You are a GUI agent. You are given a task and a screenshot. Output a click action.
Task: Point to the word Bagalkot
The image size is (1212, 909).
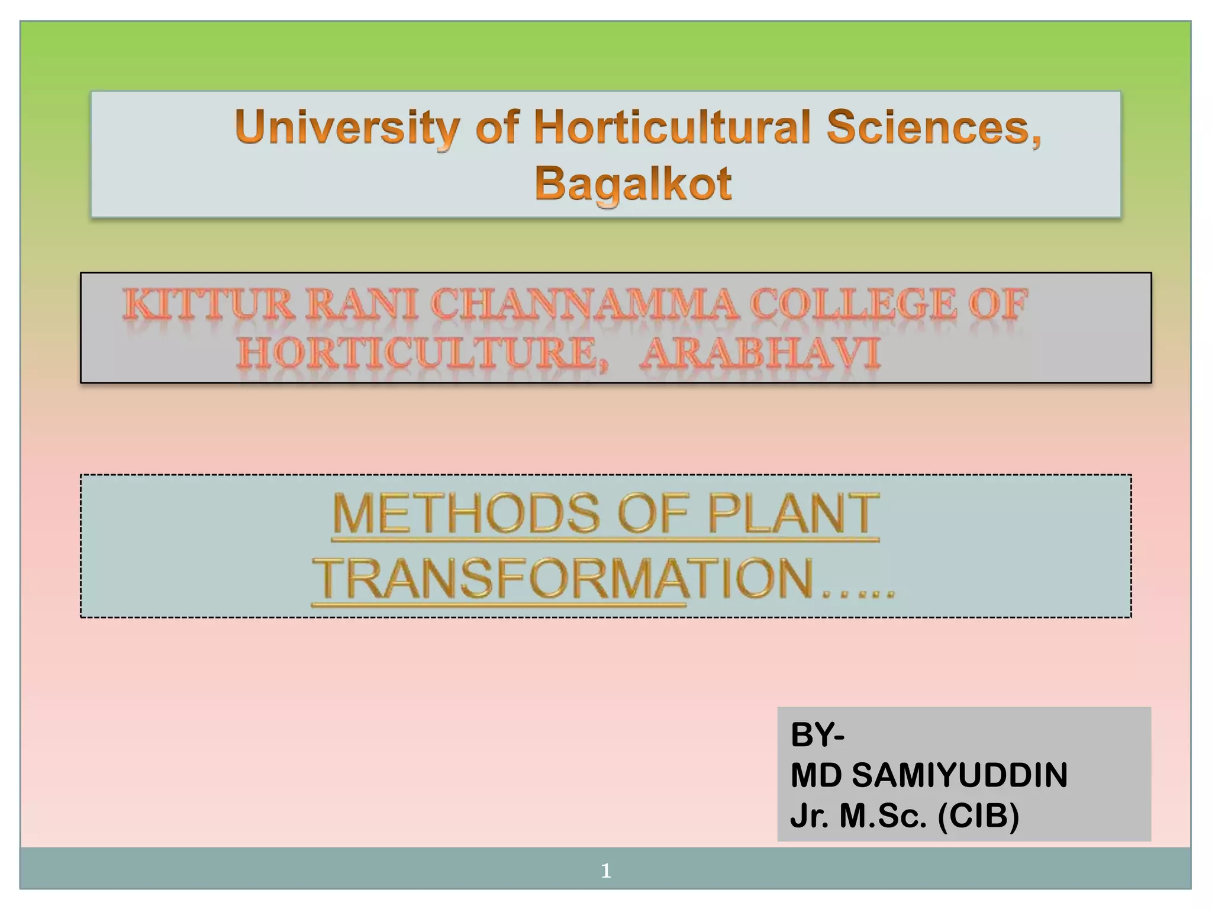[x=633, y=183]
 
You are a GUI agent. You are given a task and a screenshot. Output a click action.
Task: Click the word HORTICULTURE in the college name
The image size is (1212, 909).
[x=423, y=354]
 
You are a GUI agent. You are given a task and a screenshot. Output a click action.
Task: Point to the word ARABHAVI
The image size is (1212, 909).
[x=760, y=354]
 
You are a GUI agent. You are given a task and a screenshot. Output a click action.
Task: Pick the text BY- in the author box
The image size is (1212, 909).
[x=817, y=735]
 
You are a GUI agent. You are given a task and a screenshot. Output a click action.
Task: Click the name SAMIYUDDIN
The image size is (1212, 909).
[x=960, y=775]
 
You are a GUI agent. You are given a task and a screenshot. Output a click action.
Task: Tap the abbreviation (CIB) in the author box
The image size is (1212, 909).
[x=979, y=815]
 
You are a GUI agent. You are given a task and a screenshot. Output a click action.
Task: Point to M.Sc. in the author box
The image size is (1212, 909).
[x=883, y=815]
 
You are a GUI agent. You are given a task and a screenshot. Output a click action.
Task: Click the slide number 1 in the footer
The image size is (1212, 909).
[x=605, y=870]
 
